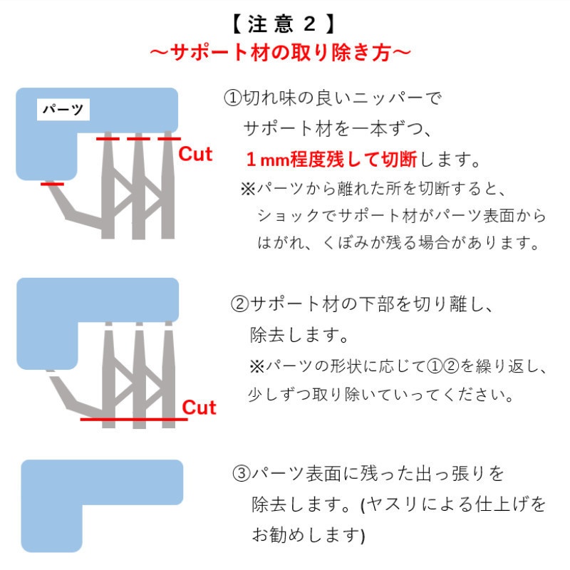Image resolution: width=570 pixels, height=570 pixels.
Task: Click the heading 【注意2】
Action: pos(283,24)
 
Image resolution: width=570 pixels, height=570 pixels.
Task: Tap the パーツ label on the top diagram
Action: pos(62,110)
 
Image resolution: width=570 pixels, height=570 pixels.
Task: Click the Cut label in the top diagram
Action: pos(195,154)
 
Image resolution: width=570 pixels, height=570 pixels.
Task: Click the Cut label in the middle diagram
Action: pos(199,408)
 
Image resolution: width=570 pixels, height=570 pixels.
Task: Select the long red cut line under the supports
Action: pos(133,420)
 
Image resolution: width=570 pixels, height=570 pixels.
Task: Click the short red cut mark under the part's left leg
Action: pos(52,184)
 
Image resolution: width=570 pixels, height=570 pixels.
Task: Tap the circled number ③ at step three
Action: pos(242,473)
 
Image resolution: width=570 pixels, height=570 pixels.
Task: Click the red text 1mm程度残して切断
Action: pos(334,158)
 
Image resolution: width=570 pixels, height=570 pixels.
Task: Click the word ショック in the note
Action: pos(292,216)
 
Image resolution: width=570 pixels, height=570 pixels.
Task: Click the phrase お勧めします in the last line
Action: pos(304,534)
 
